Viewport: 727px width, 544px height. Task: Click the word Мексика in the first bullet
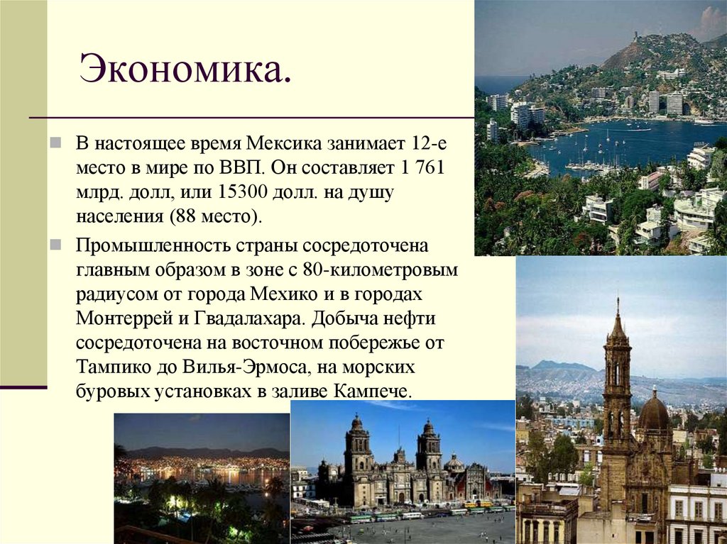pos(285,145)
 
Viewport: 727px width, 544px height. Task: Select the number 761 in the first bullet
pos(434,168)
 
